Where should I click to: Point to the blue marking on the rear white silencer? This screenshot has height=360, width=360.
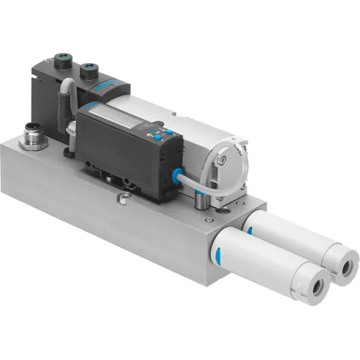[251, 229]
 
